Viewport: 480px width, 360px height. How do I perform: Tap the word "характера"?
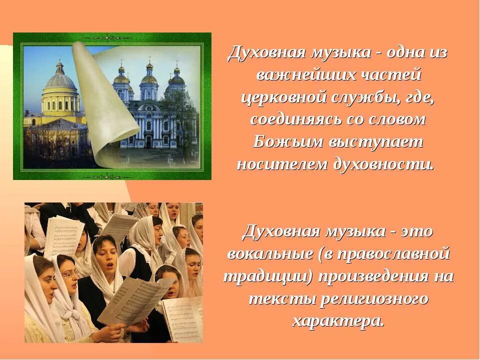click(337, 321)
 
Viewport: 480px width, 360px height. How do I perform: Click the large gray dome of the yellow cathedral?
click(60, 80)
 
